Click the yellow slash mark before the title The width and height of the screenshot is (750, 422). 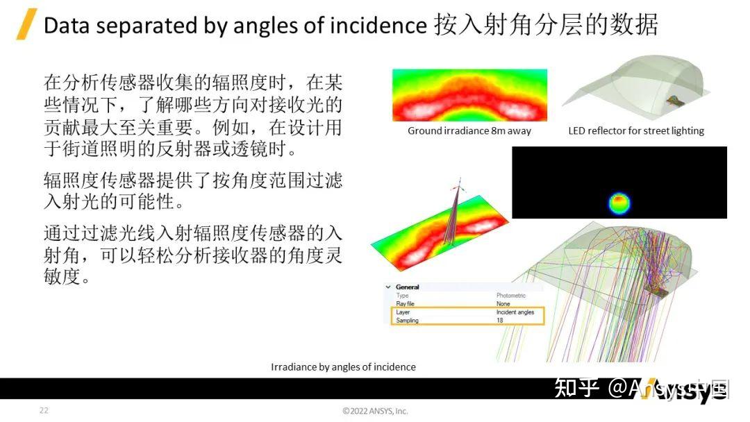[x=26, y=26]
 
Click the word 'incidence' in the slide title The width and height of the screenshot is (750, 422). [x=387, y=26]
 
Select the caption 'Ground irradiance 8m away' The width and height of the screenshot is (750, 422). [x=469, y=130]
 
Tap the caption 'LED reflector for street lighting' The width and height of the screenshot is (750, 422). [x=636, y=130]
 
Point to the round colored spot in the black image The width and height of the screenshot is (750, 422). [x=619, y=203]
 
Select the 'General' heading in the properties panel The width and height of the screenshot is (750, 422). [x=408, y=287]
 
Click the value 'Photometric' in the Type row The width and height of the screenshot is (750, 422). [x=511, y=296]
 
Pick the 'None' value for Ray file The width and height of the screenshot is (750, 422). [x=503, y=304]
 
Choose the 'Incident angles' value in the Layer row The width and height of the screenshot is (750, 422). [x=515, y=312]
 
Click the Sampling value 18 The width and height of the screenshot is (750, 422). [x=500, y=321]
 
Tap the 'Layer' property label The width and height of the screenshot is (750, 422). [x=403, y=312]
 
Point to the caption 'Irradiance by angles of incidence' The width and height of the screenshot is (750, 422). [x=343, y=366]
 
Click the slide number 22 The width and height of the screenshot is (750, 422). [x=44, y=410]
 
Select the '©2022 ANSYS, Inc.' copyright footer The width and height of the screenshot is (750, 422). [x=375, y=411]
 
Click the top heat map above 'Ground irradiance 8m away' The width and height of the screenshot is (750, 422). [x=469, y=95]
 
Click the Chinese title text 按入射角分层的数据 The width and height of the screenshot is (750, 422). [x=546, y=26]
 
